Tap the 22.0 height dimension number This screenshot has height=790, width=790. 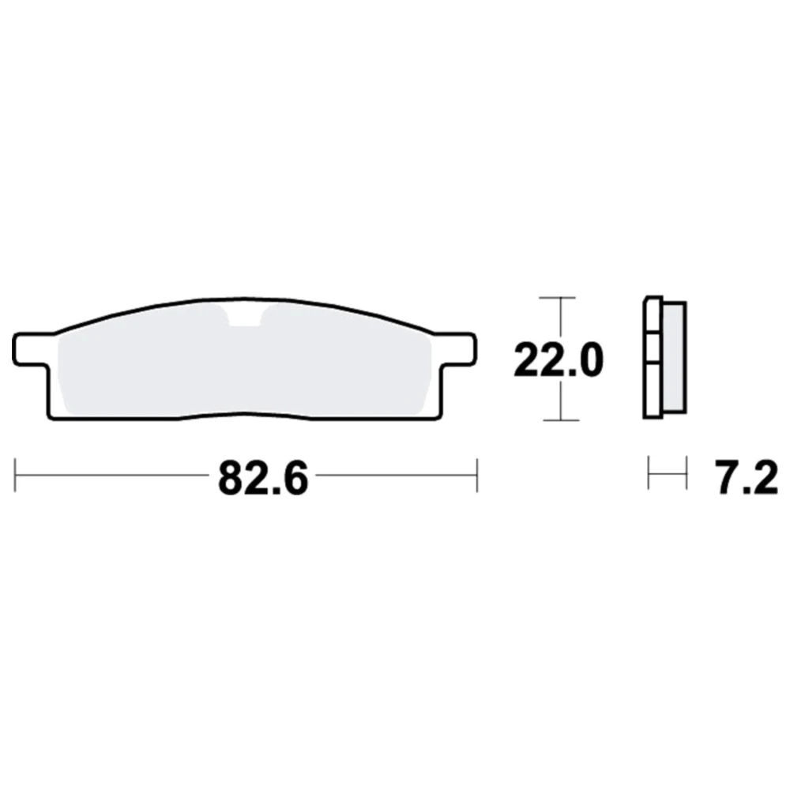point(559,360)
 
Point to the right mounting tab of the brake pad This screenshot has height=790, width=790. point(456,348)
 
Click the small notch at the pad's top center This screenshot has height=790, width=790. point(245,316)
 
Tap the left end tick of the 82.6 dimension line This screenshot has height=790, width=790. point(15,475)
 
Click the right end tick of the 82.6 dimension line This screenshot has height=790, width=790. point(476,475)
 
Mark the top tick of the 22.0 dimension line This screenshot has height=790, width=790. point(557,298)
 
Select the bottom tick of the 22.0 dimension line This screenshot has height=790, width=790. point(561,419)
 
